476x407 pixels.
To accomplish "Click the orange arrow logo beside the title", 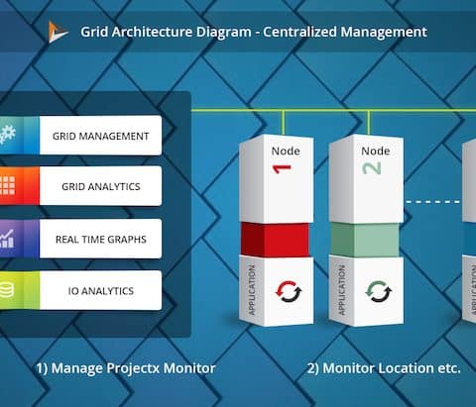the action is tap(57, 32).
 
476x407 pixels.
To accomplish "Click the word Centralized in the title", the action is tap(299, 32).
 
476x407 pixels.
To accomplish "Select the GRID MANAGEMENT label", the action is tap(100, 136).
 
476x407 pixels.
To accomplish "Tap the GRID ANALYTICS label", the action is tap(101, 186).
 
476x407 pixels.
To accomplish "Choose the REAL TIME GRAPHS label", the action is tap(101, 240).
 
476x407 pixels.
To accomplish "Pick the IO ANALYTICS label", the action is tap(101, 291).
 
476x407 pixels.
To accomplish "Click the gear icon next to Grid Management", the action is tap(7, 135).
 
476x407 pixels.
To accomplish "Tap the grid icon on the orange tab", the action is tap(7, 185).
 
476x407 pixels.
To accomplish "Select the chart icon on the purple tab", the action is tap(7, 239).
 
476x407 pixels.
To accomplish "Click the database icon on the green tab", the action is tap(6, 290).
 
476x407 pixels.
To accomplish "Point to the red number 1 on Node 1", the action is tap(282, 168).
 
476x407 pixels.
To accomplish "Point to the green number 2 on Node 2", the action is tap(372, 168).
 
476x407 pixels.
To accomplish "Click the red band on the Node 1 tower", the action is tap(275, 240).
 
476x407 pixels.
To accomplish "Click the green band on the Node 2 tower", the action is tap(365, 240).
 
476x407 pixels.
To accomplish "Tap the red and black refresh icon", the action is tap(289, 291).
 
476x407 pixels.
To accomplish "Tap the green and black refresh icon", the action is tap(379, 291).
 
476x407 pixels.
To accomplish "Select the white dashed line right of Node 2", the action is tap(432, 202).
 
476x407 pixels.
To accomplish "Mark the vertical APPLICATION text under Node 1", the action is tap(252, 290).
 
